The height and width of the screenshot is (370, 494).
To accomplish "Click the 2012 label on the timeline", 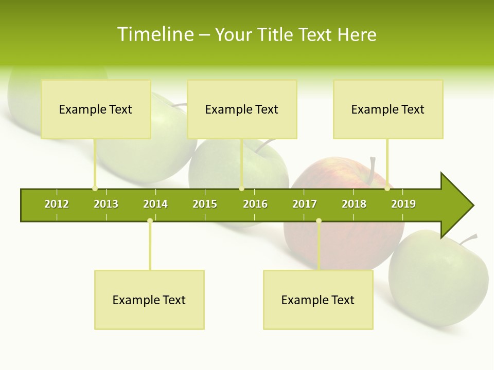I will tap(57, 204).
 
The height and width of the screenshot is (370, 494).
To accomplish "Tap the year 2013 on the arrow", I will tap(106, 204).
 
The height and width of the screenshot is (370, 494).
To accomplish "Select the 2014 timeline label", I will tap(155, 204).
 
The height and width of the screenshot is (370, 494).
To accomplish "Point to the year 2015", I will tap(205, 204).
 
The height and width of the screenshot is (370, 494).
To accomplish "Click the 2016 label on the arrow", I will tap(255, 204).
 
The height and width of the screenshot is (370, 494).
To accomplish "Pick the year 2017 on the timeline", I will tap(305, 204).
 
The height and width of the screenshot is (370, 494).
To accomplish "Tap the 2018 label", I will tap(354, 204).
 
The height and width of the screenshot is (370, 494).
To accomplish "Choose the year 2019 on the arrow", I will tap(403, 204).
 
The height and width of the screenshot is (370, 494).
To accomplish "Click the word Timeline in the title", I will tap(155, 34).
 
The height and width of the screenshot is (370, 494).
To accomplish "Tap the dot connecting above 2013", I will tap(95, 189).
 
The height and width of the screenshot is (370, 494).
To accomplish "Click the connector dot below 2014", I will tap(150, 221).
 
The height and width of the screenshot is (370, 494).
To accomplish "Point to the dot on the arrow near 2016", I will tap(241, 189).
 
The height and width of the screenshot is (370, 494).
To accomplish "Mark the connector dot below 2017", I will tap(319, 221).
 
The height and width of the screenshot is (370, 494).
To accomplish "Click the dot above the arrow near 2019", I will tap(387, 189).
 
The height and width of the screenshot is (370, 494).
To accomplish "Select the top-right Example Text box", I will tap(388, 109).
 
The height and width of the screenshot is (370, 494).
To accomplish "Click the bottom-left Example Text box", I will tap(149, 300).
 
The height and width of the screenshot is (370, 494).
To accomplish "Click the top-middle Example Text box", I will tap(242, 109).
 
